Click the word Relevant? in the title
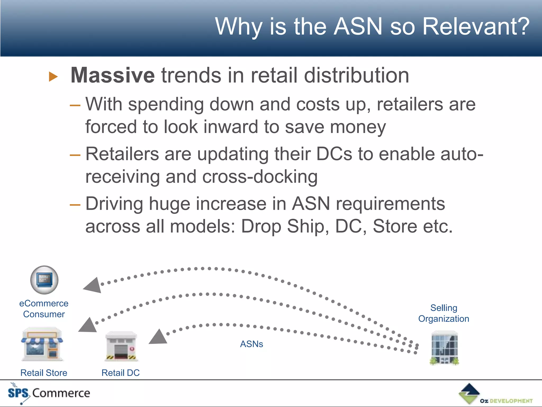(476, 26)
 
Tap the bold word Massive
(112, 75)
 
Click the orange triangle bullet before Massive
(53, 77)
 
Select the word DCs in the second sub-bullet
(334, 154)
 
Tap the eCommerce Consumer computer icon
(44, 280)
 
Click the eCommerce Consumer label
(44, 309)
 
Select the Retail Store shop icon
(42, 344)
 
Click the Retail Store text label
(44, 373)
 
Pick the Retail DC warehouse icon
(121, 346)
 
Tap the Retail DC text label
(120, 373)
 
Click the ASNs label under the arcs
(251, 344)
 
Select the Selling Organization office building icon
(444, 348)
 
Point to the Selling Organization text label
(444, 313)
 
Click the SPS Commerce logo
(49, 393)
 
